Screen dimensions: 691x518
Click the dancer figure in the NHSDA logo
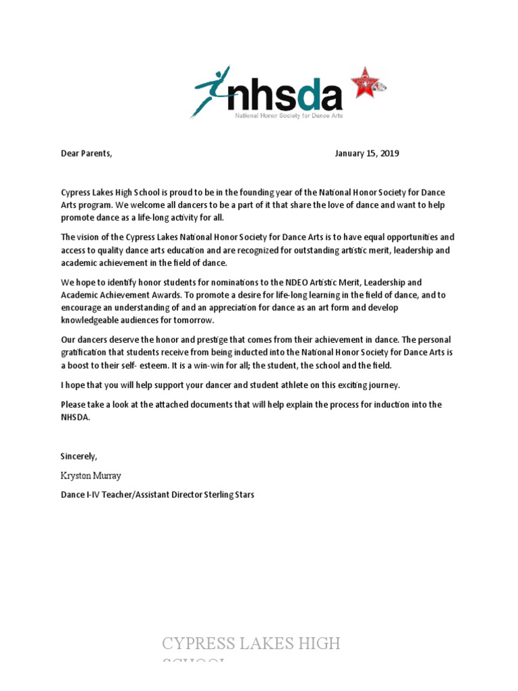click(212, 90)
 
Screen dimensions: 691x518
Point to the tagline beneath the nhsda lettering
click(288, 117)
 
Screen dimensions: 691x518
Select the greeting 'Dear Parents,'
click(86, 153)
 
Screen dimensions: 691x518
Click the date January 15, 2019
click(367, 153)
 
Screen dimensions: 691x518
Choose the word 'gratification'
click(85, 352)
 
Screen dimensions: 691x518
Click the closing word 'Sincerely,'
click(79, 457)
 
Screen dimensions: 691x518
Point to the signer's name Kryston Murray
click(91, 476)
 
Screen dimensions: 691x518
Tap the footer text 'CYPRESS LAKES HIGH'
click(251, 644)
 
